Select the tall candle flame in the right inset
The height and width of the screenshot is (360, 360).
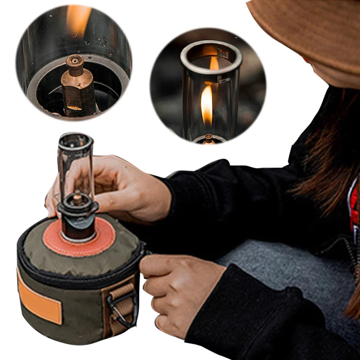click(x=206, y=104)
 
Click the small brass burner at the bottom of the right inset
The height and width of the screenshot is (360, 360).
click(x=208, y=139)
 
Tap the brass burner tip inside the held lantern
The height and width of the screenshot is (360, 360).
click(x=77, y=198)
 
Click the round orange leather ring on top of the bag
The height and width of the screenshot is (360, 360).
click(x=104, y=237)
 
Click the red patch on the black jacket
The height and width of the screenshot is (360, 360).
click(x=354, y=209)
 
